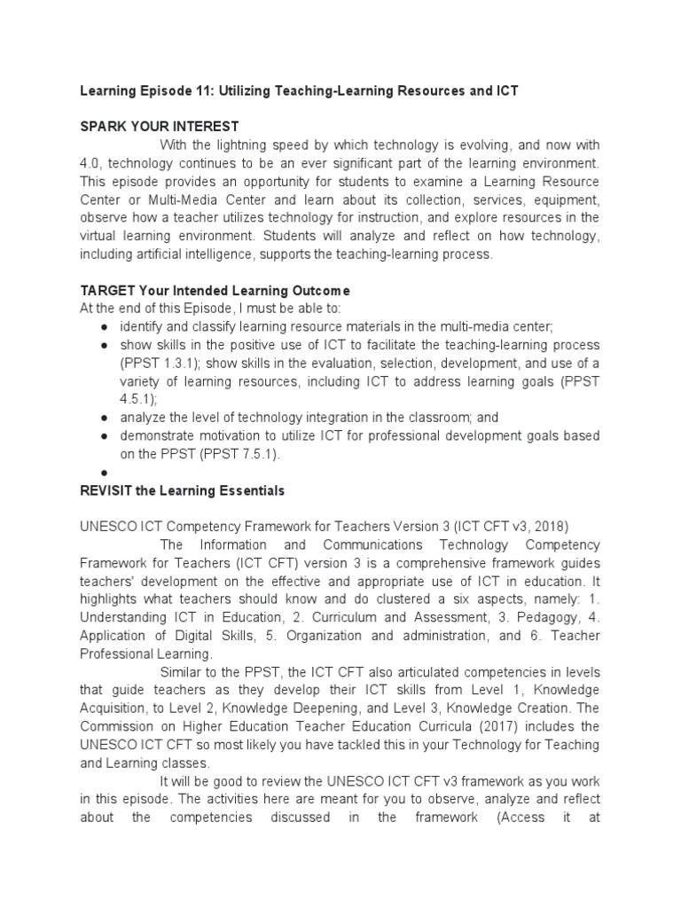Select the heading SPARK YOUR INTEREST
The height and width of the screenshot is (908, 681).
160,126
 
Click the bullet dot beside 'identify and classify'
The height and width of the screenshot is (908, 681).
105,327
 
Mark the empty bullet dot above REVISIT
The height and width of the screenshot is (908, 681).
105,473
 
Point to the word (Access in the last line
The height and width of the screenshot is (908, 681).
525,817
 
